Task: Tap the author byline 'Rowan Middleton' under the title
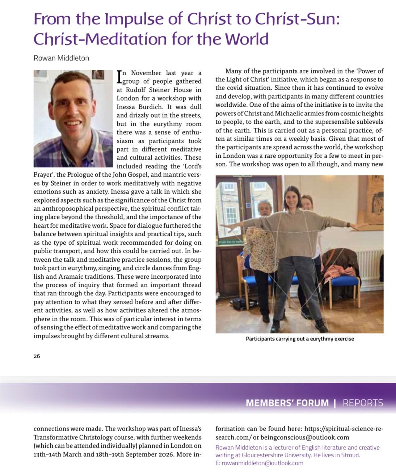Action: click(x=61, y=58)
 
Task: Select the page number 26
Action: click(x=37, y=356)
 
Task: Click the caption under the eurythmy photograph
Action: click(x=300, y=339)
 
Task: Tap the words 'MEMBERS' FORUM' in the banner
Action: click(x=287, y=403)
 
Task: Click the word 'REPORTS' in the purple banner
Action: click(x=363, y=403)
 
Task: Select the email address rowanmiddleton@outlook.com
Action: click(x=262, y=463)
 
